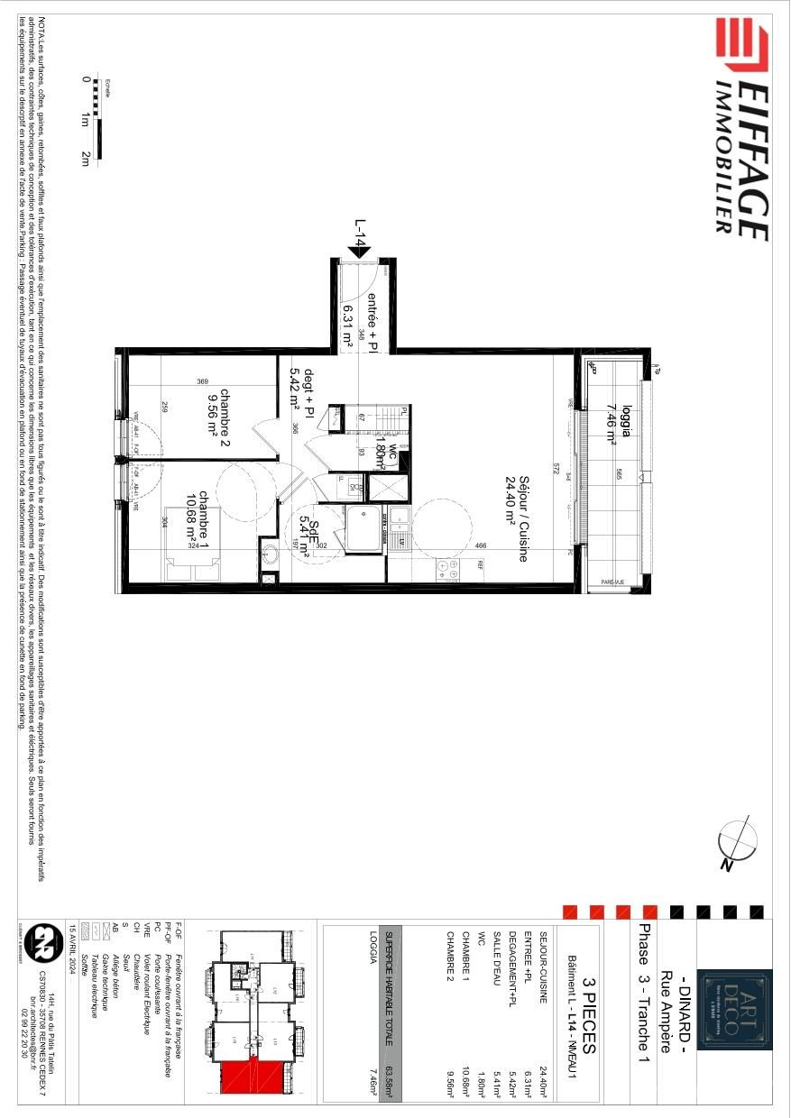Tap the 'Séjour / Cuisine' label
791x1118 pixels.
click(516, 518)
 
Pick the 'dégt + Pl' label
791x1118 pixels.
click(300, 390)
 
